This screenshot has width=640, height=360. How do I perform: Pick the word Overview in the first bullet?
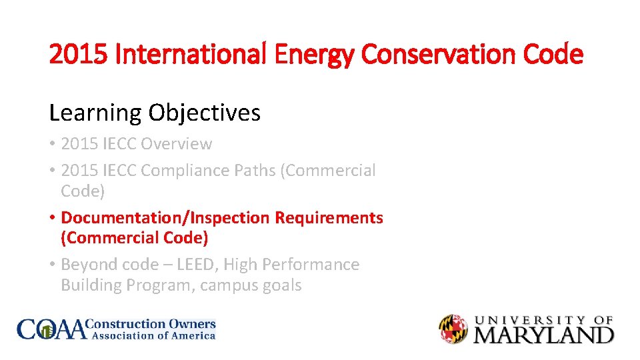pos(177,144)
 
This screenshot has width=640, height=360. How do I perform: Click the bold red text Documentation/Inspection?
pos(166,218)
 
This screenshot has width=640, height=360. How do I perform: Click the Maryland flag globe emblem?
pos(453,329)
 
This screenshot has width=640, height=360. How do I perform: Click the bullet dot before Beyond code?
pos(52,265)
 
